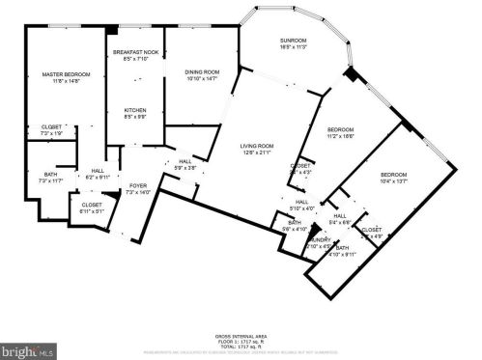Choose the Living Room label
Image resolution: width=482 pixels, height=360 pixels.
(258, 148)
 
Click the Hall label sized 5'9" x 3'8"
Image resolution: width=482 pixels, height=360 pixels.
(185, 163)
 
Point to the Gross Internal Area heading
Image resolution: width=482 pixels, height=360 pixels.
(240, 331)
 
